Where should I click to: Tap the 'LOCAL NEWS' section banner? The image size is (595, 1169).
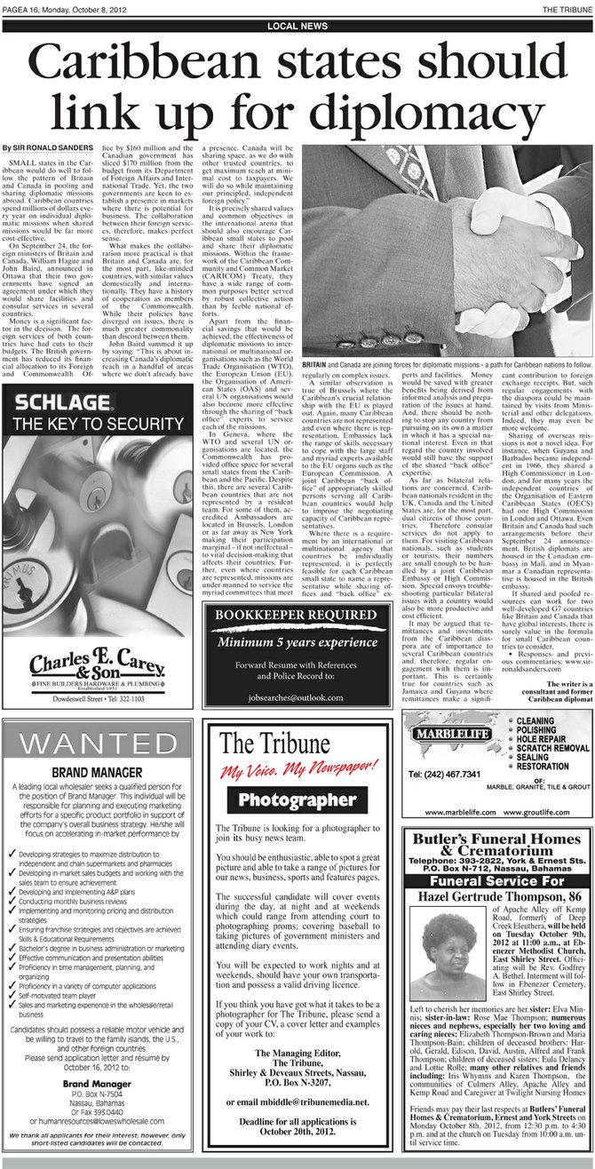[x=297, y=27]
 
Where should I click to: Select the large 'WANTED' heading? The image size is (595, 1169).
[x=98, y=767]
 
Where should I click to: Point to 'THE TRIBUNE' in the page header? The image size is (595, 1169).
[x=565, y=8]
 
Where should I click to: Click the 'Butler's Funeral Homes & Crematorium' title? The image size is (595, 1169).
[x=497, y=844]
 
